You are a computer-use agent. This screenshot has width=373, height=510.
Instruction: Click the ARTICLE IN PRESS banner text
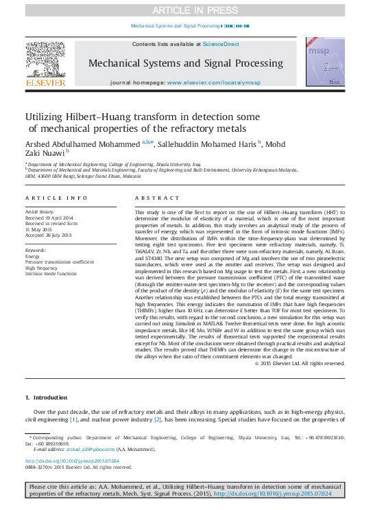[x=186, y=10]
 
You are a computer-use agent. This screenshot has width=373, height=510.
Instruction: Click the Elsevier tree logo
[x=45, y=61]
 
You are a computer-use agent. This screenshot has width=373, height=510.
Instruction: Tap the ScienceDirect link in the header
[x=220, y=44]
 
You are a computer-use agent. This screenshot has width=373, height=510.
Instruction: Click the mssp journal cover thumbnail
[x=326, y=62]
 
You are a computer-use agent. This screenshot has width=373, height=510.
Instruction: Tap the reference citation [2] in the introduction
[x=157, y=419]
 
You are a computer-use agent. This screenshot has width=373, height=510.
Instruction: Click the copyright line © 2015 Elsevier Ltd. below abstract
[x=299, y=363]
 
